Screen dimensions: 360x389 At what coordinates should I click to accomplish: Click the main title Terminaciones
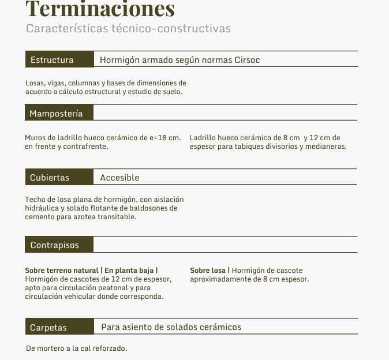pos(100,9)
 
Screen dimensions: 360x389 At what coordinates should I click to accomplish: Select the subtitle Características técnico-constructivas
pos(128,28)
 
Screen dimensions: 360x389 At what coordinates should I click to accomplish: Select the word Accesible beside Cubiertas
pos(119,177)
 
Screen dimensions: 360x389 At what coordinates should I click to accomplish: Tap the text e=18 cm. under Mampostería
pos(164,138)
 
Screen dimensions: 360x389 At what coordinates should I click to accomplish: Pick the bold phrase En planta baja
pos(130,271)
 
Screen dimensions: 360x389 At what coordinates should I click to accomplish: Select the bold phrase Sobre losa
pos(208,271)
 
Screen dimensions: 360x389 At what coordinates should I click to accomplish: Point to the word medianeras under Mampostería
pos(326,147)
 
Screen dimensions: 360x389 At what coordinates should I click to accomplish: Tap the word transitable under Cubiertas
pos(117,217)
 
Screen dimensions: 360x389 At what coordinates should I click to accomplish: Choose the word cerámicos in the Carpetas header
pos(220,327)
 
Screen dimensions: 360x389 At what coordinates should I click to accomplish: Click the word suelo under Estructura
pos(171,92)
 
